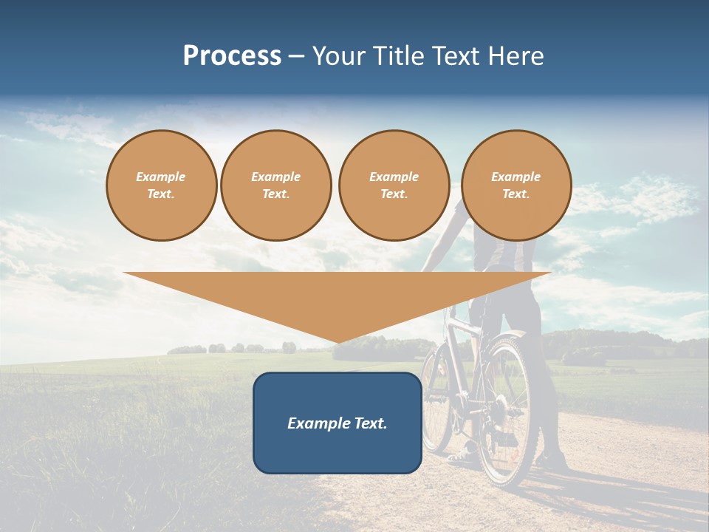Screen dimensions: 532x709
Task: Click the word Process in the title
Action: point(232,56)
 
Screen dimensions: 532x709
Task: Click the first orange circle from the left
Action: point(162,185)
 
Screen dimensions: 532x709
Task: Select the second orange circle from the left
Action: point(276,185)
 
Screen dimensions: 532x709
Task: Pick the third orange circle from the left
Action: point(394,185)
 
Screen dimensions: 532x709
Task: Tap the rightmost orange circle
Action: point(516,185)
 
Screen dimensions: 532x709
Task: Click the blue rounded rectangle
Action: point(338,423)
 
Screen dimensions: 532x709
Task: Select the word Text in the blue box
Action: point(371,423)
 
